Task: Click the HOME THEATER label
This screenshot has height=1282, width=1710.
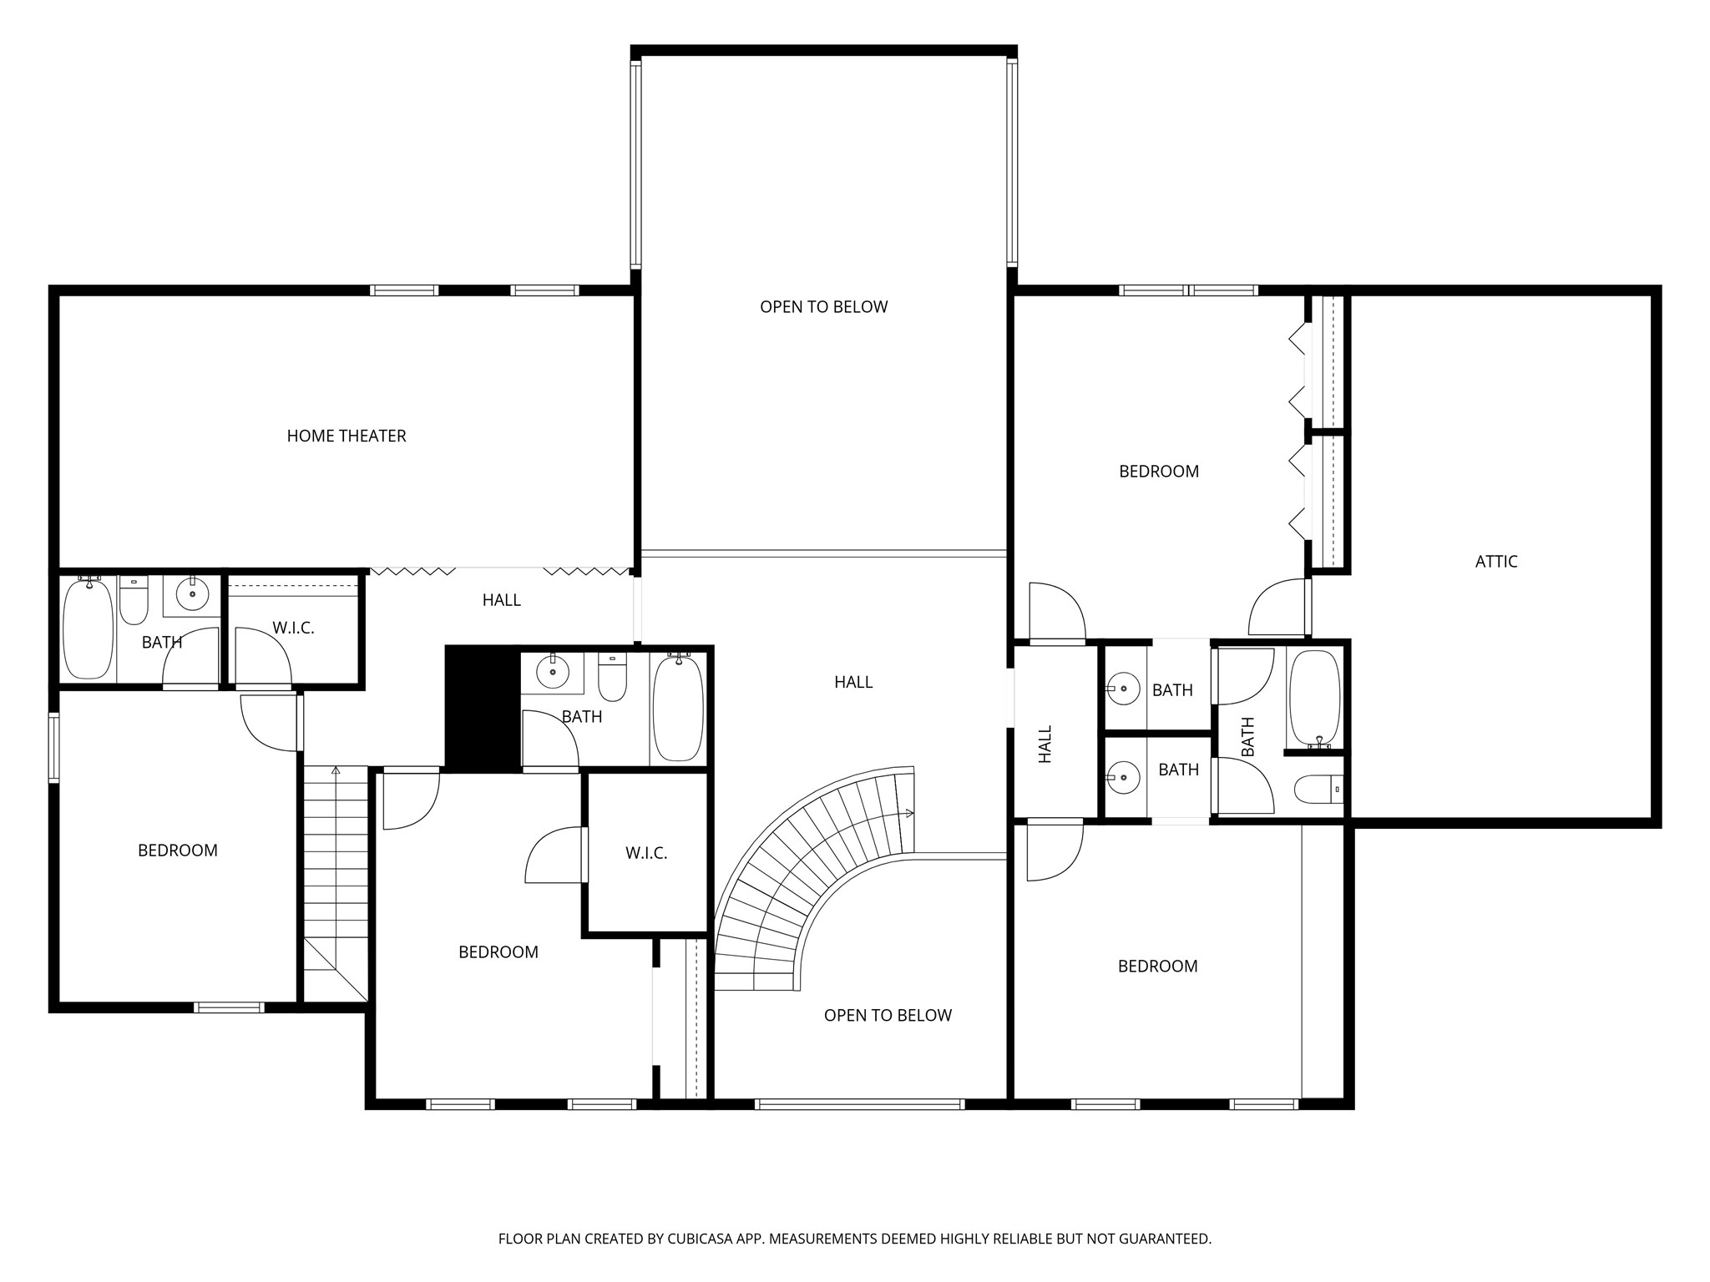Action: pos(346,436)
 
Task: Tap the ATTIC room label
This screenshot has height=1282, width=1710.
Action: pos(1495,562)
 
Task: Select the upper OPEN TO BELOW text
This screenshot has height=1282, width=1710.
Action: pos(823,307)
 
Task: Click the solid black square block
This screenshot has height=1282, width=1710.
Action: pos(482,708)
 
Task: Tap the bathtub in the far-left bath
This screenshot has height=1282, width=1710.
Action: pos(88,628)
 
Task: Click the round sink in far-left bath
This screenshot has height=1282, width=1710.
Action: pos(193,593)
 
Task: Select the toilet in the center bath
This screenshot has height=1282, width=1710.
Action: pos(613,678)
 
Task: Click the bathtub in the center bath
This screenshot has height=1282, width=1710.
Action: pos(678,708)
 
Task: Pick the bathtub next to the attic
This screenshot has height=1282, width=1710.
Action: pos(1314,698)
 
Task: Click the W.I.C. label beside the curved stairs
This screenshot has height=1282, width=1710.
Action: pos(646,853)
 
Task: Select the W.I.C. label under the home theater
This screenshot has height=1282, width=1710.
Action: pos(293,628)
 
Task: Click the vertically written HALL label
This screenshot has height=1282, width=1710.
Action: pos(1045,744)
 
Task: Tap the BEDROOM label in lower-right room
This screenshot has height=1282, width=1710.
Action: pos(1157,967)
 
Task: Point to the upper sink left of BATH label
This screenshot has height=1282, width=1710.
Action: pos(1124,689)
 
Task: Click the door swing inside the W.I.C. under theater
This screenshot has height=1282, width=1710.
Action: pos(264,656)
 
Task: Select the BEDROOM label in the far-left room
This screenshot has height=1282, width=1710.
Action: pos(177,850)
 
